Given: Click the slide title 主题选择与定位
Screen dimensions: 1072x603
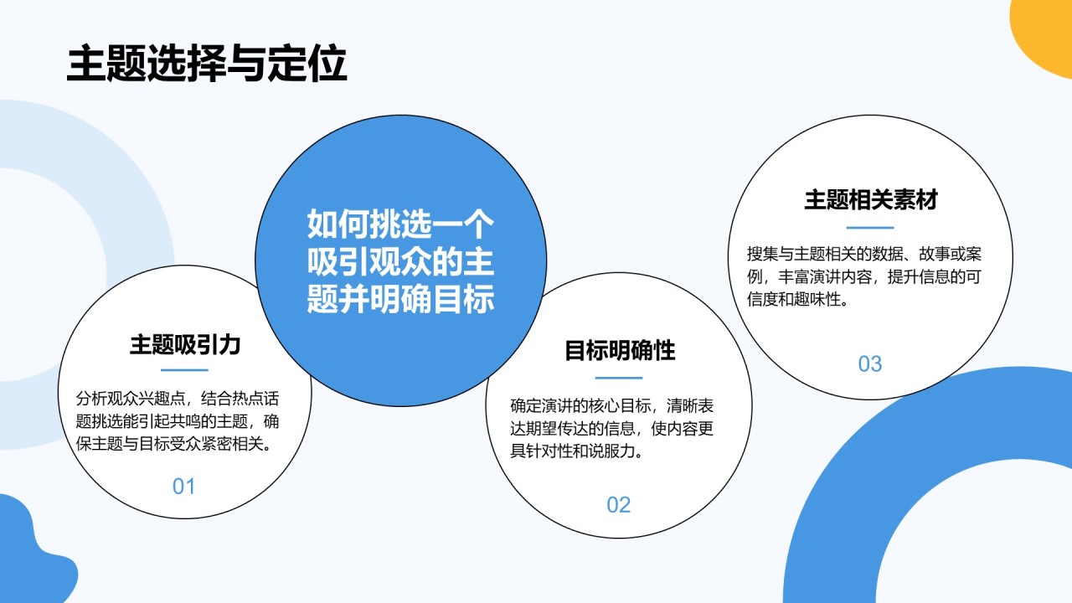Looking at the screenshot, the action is pyautogui.click(x=207, y=63).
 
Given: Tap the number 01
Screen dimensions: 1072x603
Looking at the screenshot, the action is pyautogui.click(x=183, y=487).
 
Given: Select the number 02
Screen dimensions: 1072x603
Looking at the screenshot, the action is pyautogui.click(x=618, y=505).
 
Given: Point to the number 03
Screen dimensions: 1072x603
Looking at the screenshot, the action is pyautogui.click(x=869, y=364).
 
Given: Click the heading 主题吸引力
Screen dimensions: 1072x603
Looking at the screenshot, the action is pyautogui.click(x=185, y=344).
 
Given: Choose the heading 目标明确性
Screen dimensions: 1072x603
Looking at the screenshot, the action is pyautogui.click(x=620, y=351).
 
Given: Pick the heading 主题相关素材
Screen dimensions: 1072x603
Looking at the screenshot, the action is pyautogui.click(x=870, y=199).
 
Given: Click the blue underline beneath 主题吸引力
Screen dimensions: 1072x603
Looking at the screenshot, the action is pyautogui.click(x=184, y=370).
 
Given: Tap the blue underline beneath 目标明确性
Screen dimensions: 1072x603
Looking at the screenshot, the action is pyautogui.click(x=619, y=378).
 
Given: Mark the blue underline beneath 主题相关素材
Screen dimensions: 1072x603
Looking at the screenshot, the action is pyautogui.click(x=870, y=227).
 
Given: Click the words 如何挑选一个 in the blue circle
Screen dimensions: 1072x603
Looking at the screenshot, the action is pyautogui.click(x=400, y=224).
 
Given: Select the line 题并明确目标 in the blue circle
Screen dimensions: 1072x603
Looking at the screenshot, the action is pyautogui.click(x=400, y=300).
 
